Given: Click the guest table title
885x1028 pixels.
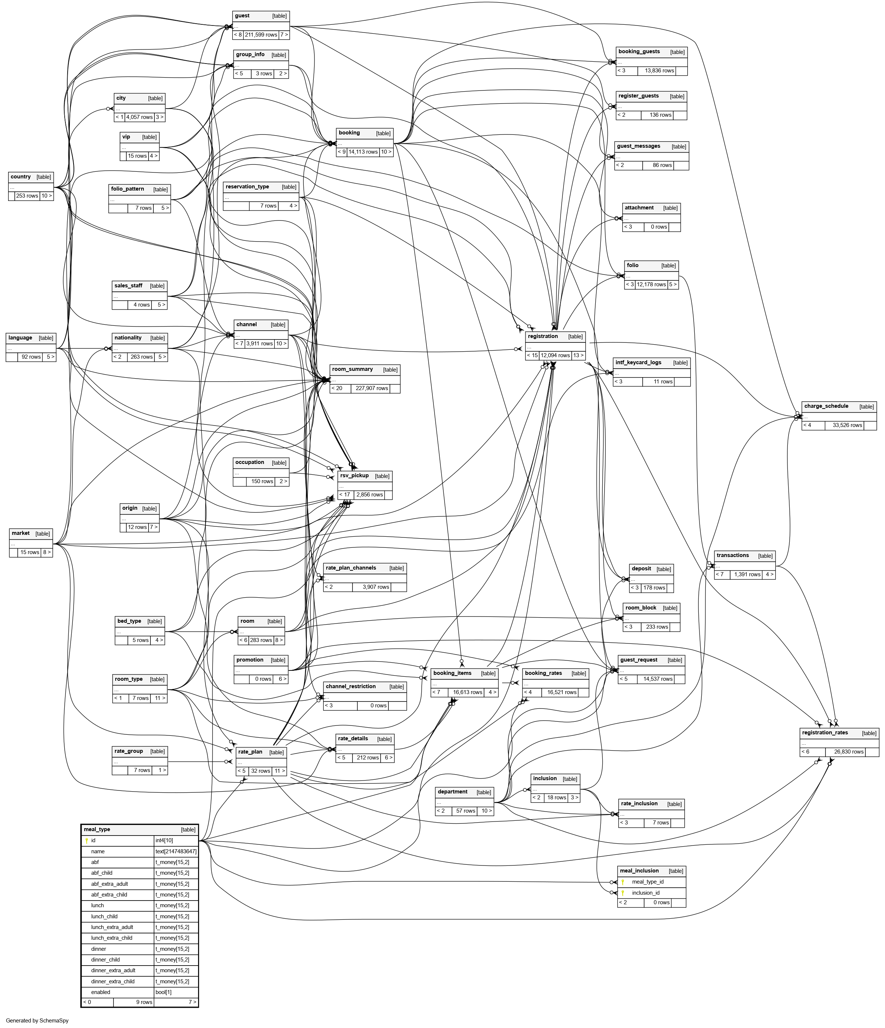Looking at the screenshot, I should pyautogui.click(x=242, y=16).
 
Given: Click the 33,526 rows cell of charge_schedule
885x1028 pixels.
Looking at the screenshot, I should pyautogui.click(x=847, y=425).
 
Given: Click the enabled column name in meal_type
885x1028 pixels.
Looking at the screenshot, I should pyautogui.click(x=101, y=992).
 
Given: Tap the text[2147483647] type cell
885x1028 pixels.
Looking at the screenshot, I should pyautogui.click(x=176, y=851).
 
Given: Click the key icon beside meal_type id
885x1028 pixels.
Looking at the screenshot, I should pyautogui.click(x=87, y=841).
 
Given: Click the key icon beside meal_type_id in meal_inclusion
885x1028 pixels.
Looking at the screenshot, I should pyautogui.click(x=623, y=882).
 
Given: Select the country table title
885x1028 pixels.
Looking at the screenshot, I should pyautogui.click(x=20, y=177).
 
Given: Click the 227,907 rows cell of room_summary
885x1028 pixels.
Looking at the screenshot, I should pyautogui.click(x=371, y=389).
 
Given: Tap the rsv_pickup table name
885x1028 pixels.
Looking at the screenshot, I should pyautogui.click(x=354, y=476).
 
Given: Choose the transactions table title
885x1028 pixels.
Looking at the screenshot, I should pyautogui.click(x=733, y=556).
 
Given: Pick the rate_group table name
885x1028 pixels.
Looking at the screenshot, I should pyautogui.click(x=129, y=751).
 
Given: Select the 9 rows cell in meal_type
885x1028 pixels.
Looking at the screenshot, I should pyautogui.click(x=144, y=1002).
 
